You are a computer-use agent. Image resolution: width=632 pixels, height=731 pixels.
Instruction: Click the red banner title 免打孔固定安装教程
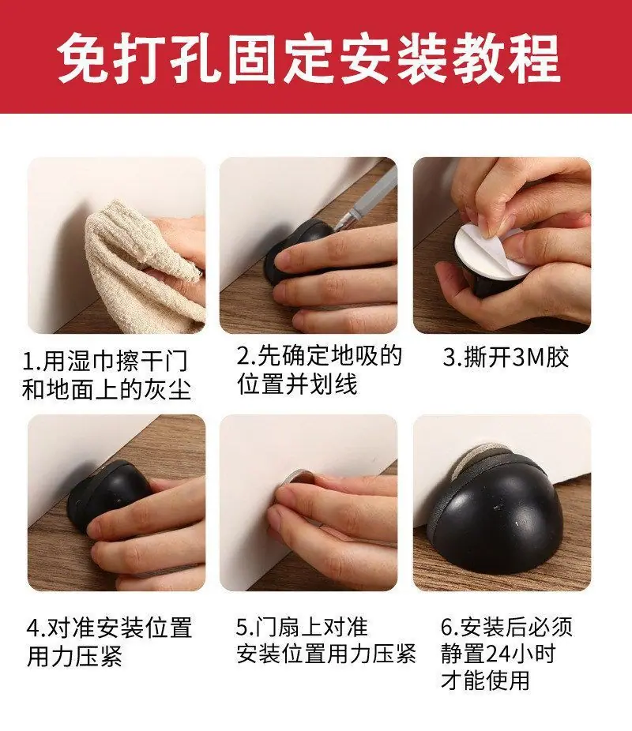click(309, 58)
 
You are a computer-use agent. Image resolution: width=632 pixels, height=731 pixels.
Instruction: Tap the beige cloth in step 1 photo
click(140, 266)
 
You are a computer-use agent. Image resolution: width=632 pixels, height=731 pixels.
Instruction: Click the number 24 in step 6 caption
click(498, 654)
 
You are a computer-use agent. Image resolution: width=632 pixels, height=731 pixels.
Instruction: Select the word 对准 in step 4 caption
click(71, 628)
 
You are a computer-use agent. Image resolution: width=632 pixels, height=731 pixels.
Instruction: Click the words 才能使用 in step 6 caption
click(485, 680)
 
